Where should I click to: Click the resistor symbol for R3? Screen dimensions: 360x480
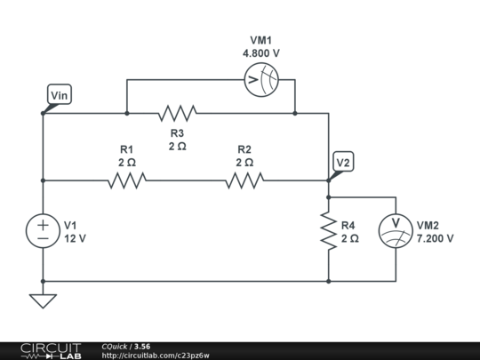point(177,113)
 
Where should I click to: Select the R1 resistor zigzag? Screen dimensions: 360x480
point(126,180)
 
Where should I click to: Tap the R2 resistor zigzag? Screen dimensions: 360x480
point(244,180)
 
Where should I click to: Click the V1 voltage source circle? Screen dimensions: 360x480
point(43,231)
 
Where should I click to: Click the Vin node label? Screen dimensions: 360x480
point(59,94)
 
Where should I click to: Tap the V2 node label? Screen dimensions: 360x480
point(343,162)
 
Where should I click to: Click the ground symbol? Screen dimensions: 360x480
point(43,300)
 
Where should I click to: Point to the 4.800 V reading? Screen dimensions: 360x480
point(261,53)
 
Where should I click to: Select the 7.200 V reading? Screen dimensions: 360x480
point(436,238)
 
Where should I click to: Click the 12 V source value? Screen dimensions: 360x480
point(75,238)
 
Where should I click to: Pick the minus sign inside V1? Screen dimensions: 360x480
point(43,239)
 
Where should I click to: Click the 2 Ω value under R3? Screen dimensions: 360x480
point(177,146)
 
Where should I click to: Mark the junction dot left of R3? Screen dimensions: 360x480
point(127,113)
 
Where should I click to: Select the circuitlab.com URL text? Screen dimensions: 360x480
point(156,356)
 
